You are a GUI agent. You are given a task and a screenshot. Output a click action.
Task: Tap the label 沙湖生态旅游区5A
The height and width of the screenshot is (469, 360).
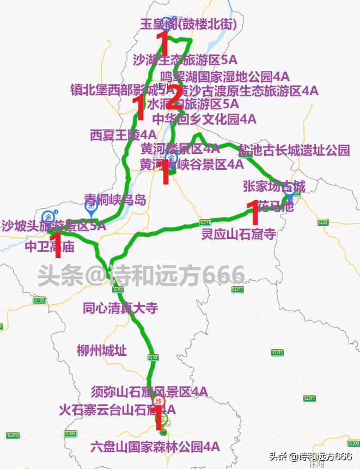[185, 60]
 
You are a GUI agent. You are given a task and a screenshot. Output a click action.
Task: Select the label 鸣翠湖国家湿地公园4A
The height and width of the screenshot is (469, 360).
[225, 76]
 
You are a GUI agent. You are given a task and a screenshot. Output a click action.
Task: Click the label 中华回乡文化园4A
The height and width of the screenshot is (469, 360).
[204, 119]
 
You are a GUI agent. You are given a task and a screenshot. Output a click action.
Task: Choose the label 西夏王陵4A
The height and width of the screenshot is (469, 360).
[123, 134]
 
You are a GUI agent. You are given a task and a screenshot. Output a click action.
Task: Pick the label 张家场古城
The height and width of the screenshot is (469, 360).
[274, 187]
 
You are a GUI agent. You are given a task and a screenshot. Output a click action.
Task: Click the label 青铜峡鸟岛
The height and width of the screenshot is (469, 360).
[115, 200]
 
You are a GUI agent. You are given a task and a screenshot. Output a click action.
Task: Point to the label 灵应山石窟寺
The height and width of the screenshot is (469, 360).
[238, 234]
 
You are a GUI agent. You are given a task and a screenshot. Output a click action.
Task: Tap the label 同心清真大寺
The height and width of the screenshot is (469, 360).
[120, 308]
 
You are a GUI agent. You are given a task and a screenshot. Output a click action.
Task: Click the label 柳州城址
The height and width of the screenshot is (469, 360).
[102, 350]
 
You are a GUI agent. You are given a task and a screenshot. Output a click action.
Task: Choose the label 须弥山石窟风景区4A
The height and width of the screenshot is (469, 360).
[149, 392]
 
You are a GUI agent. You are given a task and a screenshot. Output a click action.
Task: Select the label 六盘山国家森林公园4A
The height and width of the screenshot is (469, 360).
[155, 447]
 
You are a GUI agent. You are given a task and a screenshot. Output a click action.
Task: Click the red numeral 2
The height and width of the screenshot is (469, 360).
[173, 98]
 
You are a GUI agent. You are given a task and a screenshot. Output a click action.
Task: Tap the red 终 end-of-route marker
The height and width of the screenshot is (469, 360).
[159, 402]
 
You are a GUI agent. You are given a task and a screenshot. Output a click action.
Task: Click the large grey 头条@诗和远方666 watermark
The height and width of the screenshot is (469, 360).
[141, 275]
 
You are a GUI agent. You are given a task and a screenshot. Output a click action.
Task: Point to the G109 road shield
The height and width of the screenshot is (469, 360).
[39, 300]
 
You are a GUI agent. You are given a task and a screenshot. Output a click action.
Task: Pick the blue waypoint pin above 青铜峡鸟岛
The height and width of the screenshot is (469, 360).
[90, 206]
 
